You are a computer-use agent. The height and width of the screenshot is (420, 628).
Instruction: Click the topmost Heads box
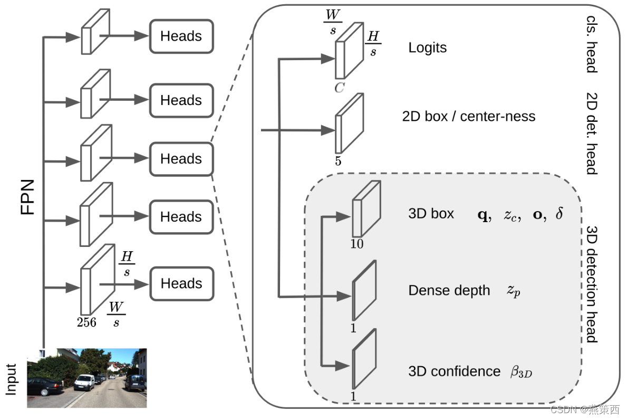181,36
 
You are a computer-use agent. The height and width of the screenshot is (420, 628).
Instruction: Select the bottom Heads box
181,283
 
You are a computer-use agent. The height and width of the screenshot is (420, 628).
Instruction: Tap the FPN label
27,197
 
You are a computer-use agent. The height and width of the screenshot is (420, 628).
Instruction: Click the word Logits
427,47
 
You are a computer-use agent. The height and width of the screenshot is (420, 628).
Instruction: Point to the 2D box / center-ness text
468,116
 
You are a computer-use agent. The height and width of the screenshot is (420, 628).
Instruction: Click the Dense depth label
449,290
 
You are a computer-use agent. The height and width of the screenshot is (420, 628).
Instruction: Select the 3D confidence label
454,371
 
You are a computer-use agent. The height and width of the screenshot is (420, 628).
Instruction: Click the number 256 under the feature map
86,321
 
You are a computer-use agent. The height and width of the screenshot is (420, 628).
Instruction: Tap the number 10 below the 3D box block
357,244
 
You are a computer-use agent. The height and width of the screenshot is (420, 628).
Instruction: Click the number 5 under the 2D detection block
338,161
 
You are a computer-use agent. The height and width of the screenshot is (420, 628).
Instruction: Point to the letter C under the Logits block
339,88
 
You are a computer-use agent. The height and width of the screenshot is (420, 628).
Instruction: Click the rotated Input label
12,379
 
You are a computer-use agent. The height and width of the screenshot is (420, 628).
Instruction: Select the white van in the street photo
84,381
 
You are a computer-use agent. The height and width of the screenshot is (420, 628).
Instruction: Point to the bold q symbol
482,214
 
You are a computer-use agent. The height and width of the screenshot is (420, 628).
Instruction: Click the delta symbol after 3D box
559,214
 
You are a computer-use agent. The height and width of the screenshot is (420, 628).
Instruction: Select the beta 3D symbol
520,372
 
